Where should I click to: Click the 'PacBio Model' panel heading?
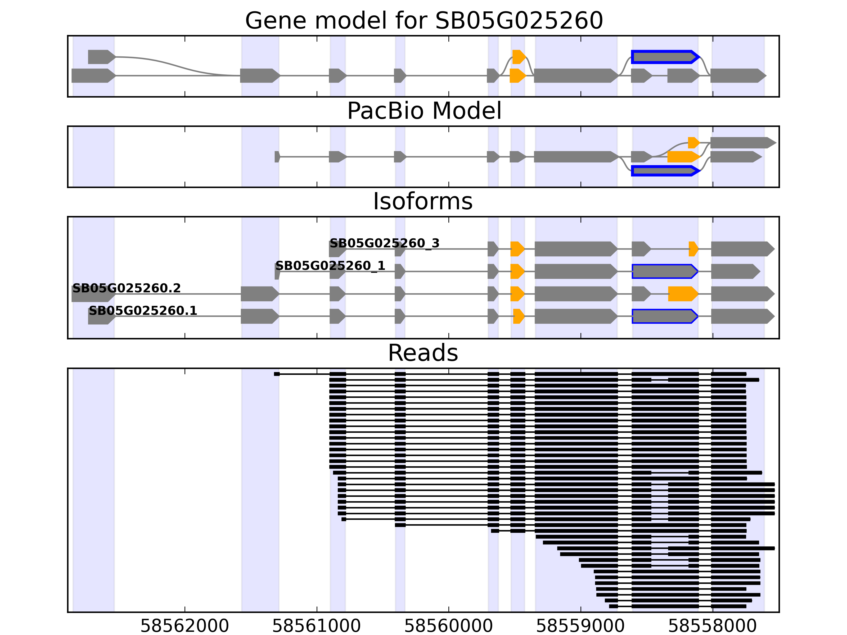coord(424,111)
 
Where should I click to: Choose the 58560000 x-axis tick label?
coord(448,626)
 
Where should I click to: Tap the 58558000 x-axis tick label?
coord(712,626)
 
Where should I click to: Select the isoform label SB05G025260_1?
coord(330,266)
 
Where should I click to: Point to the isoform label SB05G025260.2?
coord(126,288)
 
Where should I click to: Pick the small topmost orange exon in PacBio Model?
coord(693,143)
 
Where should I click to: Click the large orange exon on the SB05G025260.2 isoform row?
coord(683,294)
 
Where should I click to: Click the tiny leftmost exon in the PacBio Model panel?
coord(277,157)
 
